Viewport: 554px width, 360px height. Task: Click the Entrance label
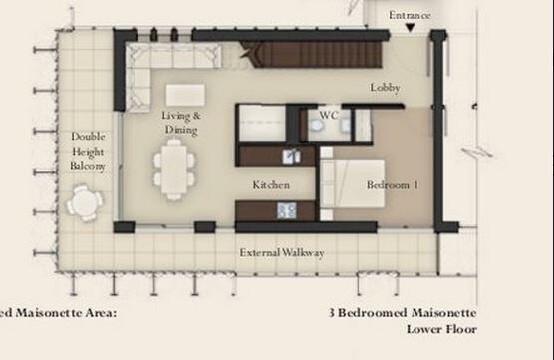click(410, 15)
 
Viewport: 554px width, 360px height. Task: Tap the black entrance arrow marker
click(410, 29)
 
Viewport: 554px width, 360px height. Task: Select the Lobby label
click(385, 88)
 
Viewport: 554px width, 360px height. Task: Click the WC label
click(328, 116)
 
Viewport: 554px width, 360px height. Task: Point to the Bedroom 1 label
click(393, 185)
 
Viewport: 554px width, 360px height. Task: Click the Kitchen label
click(271, 185)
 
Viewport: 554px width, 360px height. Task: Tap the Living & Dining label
click(181, 123)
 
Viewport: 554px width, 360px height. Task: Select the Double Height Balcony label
click(88, 151)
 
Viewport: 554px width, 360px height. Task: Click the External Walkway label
click(282, 253)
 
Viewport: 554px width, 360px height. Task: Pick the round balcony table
click(85, 202)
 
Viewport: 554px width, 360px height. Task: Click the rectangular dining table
click(174, 169)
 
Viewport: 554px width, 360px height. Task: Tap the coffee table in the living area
click(185, 95)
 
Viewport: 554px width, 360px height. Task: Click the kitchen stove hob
click(287, 209)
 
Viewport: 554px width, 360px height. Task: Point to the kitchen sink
click(291, 156)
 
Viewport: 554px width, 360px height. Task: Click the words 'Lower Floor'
click(440, 328)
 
